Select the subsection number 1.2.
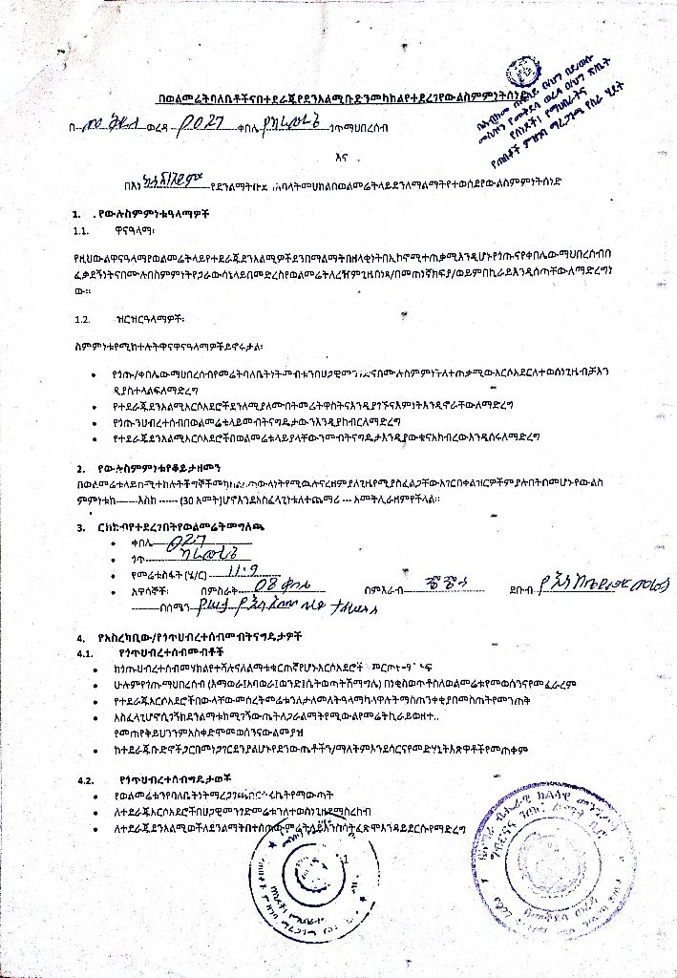(81, 318)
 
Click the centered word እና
(337, 159)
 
